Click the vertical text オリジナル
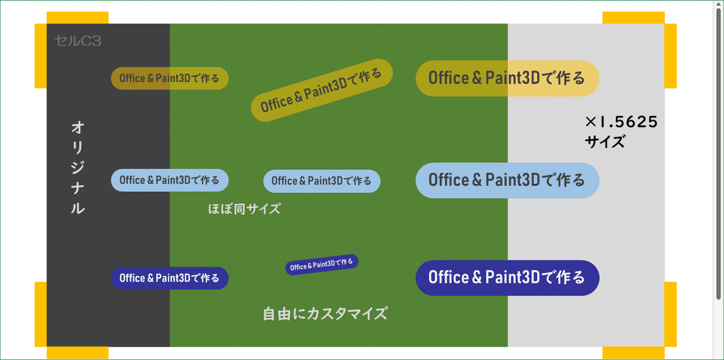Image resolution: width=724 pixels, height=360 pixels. click(77, 168)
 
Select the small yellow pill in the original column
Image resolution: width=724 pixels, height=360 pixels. click(170, 78)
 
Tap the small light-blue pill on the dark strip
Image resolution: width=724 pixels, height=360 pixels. click(170, 180)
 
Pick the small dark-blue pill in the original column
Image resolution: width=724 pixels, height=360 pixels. click(170, 278)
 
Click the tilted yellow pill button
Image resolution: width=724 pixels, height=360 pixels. click(322, 90)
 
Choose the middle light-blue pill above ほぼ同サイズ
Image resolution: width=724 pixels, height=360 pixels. click(322, 181)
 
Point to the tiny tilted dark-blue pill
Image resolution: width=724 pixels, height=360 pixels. click(322, 264)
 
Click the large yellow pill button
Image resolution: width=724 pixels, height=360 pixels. click(507, 78)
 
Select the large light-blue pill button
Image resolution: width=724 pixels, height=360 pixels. click(507, 180)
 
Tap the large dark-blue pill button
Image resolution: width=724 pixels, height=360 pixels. click(507, 277)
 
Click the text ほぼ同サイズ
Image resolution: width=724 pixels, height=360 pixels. click(244, 210)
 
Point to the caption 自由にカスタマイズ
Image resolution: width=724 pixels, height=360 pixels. click(325, 314)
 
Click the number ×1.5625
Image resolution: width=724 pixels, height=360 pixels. click(621, 122)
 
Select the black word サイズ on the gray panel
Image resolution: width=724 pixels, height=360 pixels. click(605, 143)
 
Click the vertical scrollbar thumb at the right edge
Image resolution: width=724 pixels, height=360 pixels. click(718, 151)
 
